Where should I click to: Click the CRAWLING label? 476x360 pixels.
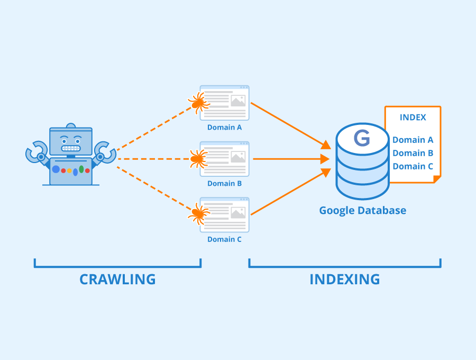click(x=117, y=279)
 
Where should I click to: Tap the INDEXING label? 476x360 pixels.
click(x=344, y=279)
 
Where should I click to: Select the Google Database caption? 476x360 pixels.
click(x=362, y=210)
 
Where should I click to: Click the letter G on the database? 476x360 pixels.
click(x=362, y=139)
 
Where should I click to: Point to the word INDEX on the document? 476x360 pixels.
click(x=413, y=118)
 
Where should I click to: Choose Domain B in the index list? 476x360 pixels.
click(x=413, y=153)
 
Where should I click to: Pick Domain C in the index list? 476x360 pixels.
click(x=413, y=166)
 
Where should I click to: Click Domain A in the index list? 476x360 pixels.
click(x=413, y=140)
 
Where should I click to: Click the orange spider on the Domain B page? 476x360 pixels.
click(x=198, y=158)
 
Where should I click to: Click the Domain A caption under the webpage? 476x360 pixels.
click(x=224, y=128)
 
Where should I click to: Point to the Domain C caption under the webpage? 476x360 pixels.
click(x=224, y=239)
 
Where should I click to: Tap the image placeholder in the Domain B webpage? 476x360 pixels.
click(x=238, y=157)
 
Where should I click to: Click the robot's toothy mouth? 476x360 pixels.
click(x=70, y=148)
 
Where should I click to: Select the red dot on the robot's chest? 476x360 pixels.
click(x=63, y=170)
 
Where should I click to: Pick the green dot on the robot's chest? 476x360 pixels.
click(x=81, y=169)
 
